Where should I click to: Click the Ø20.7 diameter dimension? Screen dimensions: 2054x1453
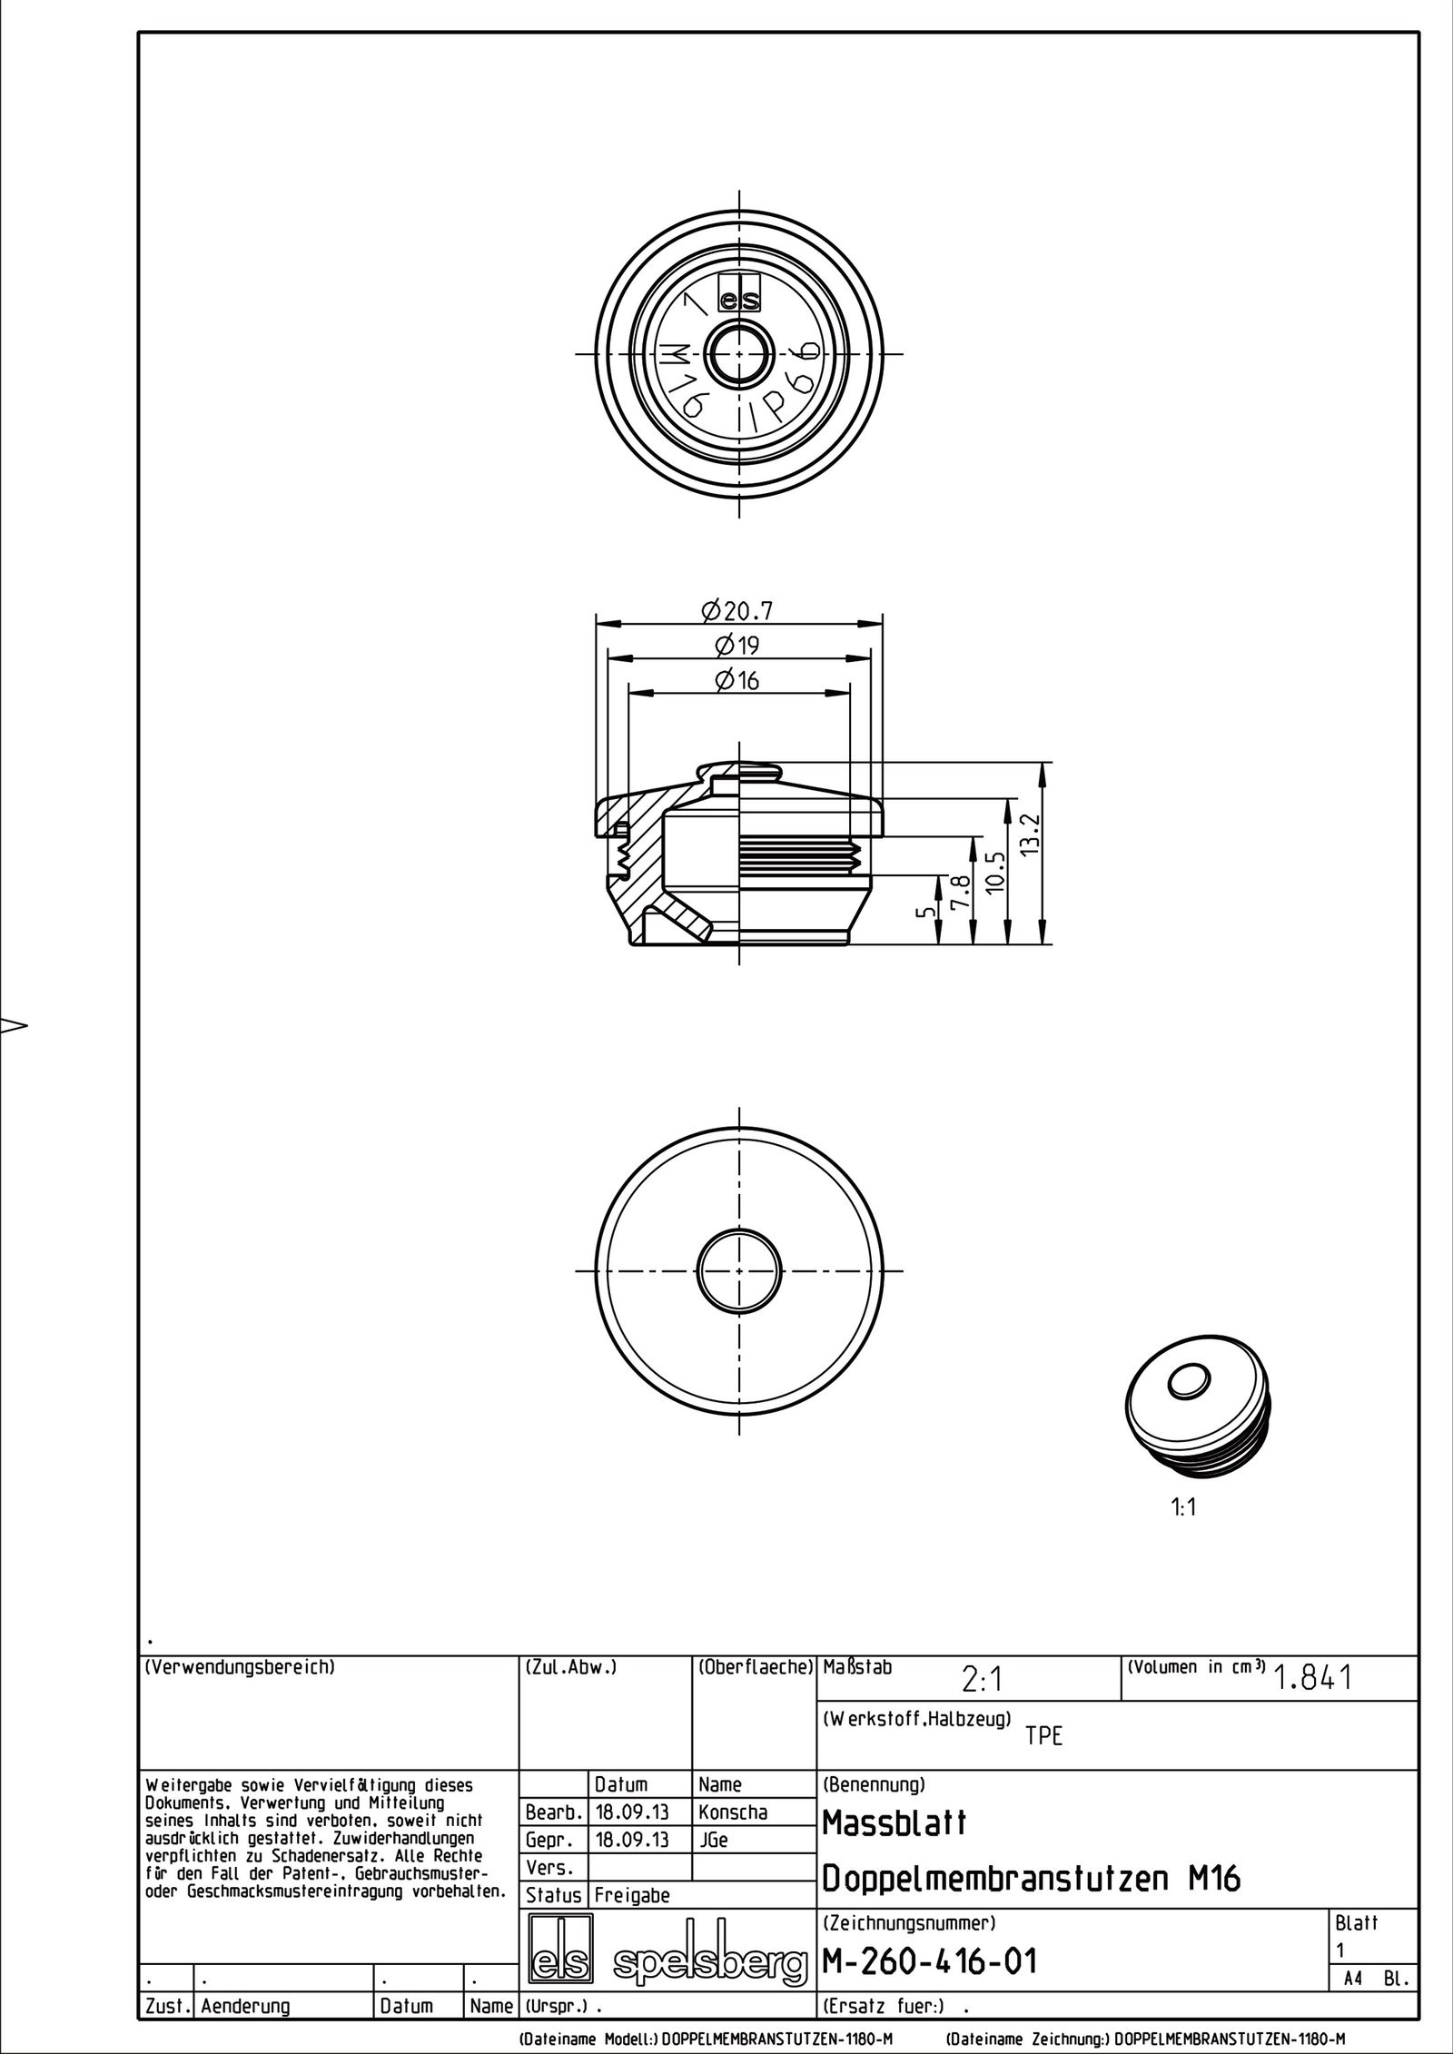(x=737, y=611)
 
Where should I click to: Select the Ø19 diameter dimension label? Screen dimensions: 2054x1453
(x=736, y=646)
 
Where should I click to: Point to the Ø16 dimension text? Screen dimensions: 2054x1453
(x=736, y=680)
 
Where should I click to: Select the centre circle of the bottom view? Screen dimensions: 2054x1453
(x=740, y=1269)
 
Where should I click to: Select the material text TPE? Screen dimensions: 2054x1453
(x=1043, y=1736)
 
